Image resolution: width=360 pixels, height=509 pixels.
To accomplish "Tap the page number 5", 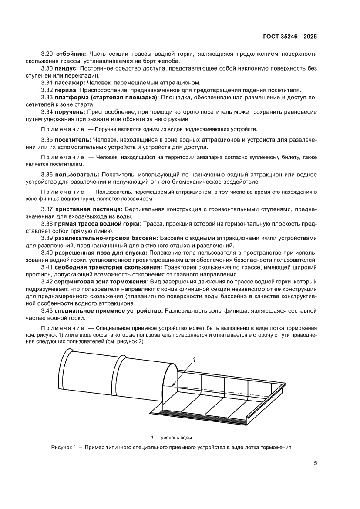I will pos(315,462).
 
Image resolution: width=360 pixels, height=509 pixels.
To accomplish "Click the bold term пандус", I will pos(67,68).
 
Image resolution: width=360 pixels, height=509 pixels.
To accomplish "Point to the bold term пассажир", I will pos(70,83).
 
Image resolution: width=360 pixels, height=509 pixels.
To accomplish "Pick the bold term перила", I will pos(66,90).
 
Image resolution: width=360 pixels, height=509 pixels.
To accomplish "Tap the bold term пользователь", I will pos(75,174).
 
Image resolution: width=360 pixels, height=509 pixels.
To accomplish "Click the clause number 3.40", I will pos(47,253).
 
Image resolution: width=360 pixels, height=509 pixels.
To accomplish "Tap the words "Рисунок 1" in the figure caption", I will pos(64,447).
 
